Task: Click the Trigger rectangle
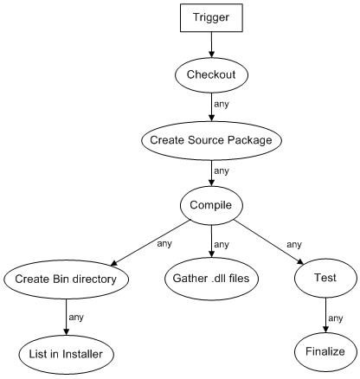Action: [211, 17]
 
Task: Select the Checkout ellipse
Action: [211, 75]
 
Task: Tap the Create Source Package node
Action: [211, 140]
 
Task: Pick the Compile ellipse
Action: [211, 205]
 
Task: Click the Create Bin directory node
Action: [66, 279]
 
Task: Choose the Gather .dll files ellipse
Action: [211, 279]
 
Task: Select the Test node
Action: [325, 278]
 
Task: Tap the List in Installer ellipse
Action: [66, 355]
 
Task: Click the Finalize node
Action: [325, 352]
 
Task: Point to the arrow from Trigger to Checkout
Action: [211, 45]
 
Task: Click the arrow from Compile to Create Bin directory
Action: [151, 242]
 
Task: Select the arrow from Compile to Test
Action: [268, 242]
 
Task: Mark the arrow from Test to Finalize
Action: [325, 315]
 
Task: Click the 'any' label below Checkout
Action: [222, 104]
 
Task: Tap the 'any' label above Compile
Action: [222, 170]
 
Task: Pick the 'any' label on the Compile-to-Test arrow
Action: [294, 245]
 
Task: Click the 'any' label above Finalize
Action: [335, 318]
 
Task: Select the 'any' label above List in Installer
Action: [76, 318]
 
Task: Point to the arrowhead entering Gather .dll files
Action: [211, 254]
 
